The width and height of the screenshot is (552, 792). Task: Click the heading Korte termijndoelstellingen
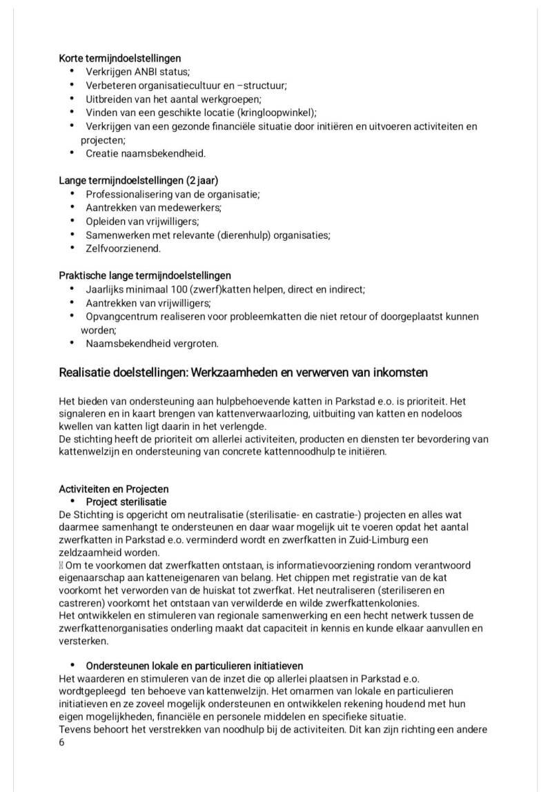pos(120,59)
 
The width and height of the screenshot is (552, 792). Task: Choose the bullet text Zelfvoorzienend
pos(123,248)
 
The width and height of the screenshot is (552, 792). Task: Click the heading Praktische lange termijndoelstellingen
pos(145,275)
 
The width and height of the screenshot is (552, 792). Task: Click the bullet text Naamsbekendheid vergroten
pos(152,343)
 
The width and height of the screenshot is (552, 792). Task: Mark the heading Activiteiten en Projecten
pos(113,489)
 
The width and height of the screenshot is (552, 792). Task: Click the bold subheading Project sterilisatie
pos(126,502)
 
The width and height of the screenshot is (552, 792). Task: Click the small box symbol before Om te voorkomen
pos(61,566)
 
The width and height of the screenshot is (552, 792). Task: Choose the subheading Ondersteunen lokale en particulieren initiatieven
pos(194,666)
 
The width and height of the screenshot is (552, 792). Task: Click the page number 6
pos(61,743)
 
